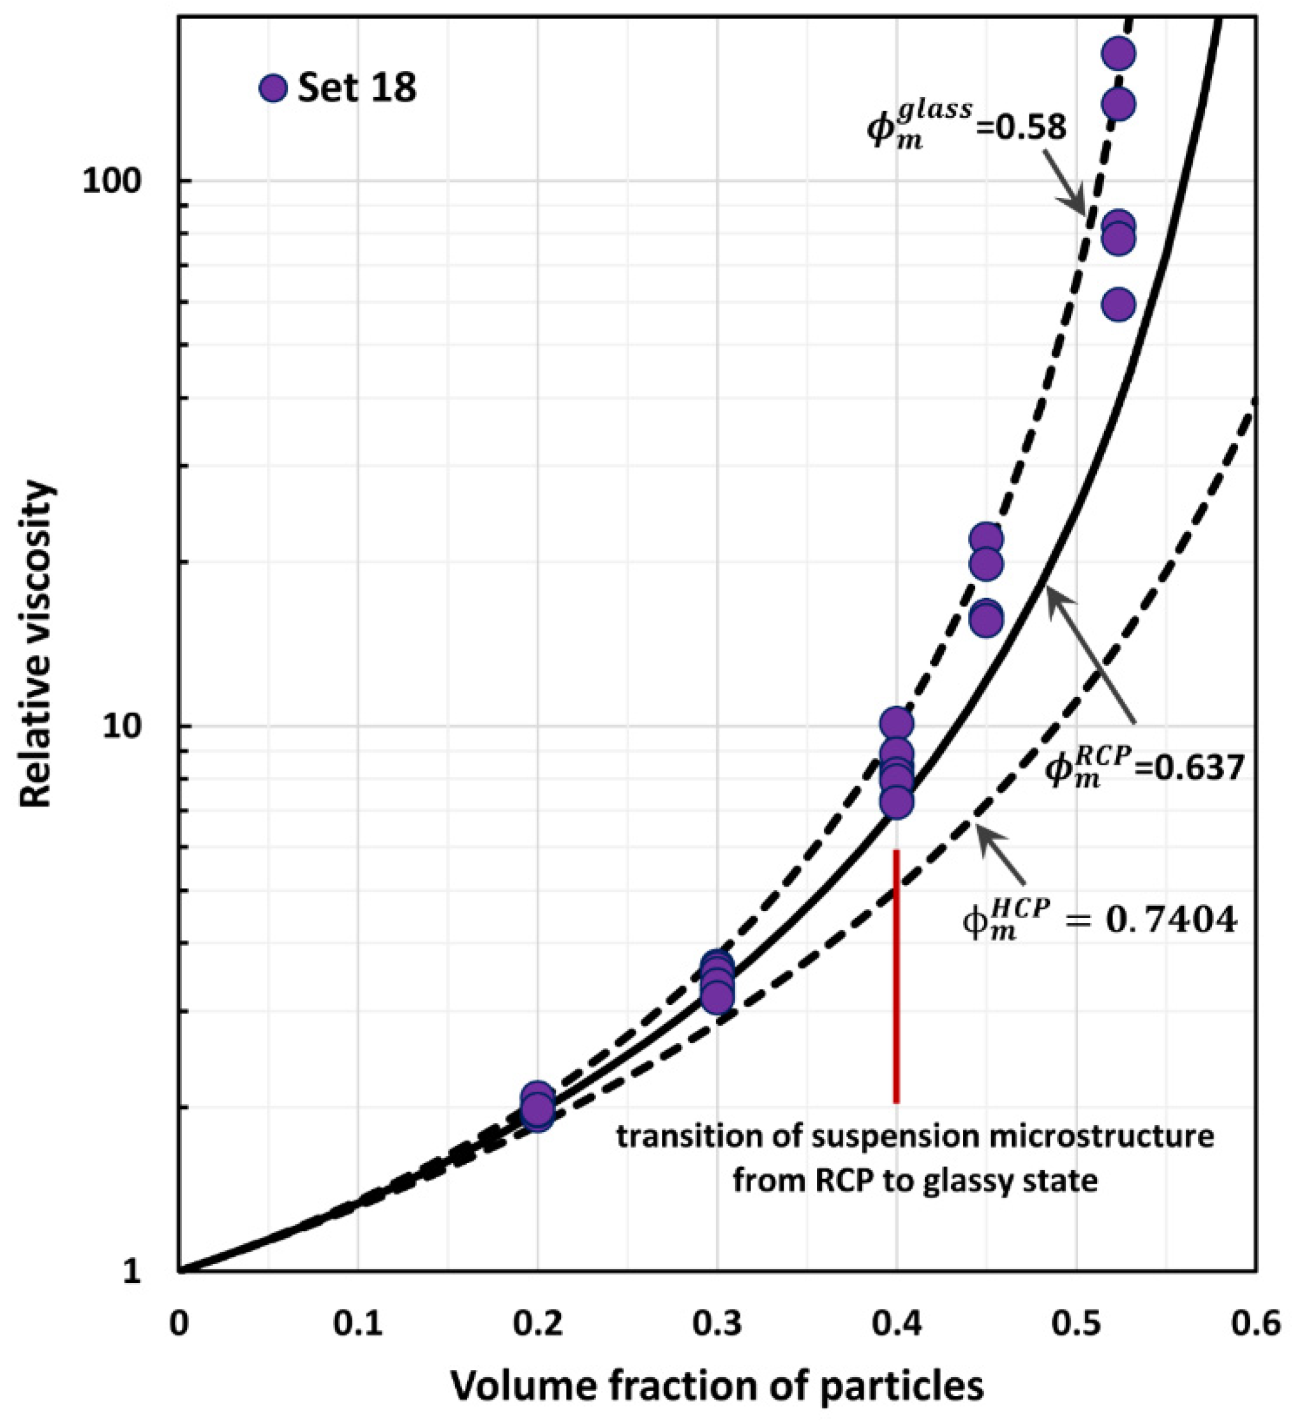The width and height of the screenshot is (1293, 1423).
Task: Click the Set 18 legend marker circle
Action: tap(273, 89)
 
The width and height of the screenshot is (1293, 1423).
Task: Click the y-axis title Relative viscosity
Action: tap(37, 644)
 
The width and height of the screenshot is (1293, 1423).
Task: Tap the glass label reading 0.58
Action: tap(966, 127)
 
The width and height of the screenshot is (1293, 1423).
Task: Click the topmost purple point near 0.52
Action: tap(1118, 53)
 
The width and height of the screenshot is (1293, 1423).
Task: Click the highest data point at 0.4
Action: tap(896, 723)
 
